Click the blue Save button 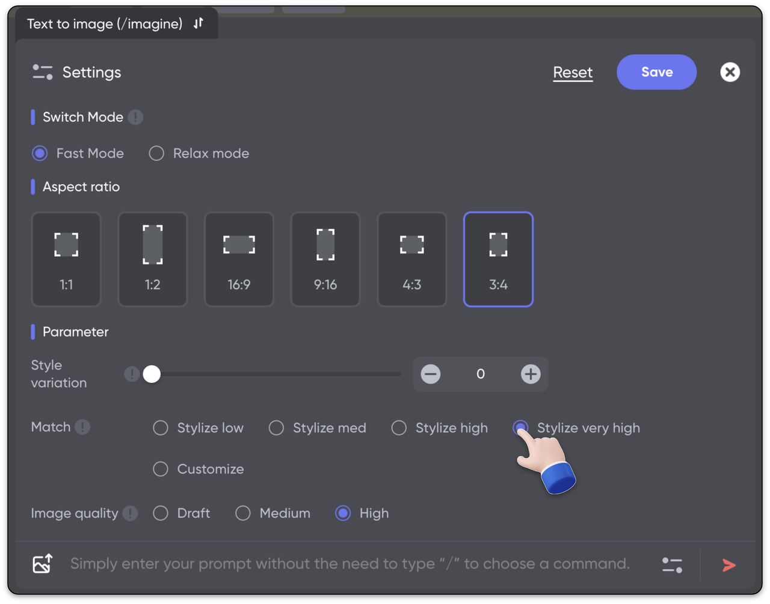[656, 72]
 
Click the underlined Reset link [573, 73]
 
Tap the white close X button [730, 72]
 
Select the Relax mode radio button [156, 154]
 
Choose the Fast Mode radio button [40, 154]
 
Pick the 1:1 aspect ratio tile [66, 260]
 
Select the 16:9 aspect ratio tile [239, 260]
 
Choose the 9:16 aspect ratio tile [325, 260]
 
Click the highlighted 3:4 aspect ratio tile [498, 260]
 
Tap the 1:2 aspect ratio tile [153, 260]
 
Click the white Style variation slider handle [152, 374]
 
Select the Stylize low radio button [161, 428]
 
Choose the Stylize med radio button [276, 428]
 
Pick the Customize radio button [161, 469]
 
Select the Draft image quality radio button [161, 513]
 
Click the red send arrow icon [729, 565]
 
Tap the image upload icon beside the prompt [43, 563]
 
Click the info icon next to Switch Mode [135, 117]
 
